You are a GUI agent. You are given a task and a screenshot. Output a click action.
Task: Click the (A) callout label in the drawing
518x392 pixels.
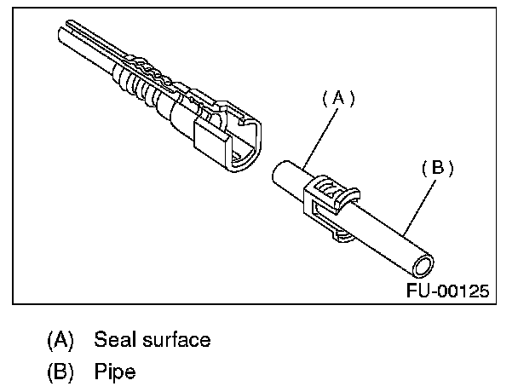(338, 99)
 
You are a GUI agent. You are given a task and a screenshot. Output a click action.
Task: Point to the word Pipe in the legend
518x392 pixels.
(115, 372)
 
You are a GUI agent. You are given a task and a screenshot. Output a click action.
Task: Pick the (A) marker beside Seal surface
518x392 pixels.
(60, 340)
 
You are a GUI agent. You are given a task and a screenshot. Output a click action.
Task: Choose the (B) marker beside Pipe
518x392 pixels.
(60, 372)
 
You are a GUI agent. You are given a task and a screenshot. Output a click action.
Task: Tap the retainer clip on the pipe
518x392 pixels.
(328, 200)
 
